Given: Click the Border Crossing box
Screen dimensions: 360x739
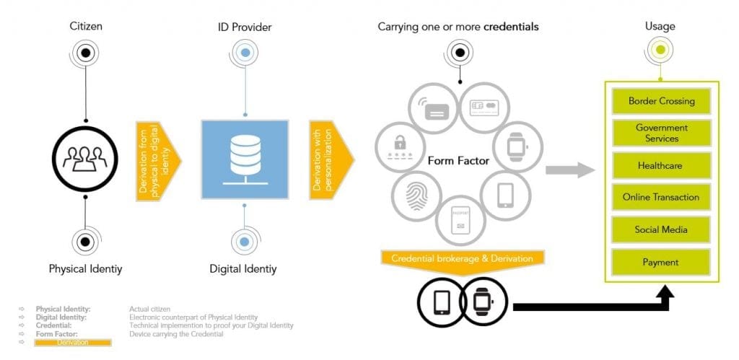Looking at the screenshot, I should [661, 101].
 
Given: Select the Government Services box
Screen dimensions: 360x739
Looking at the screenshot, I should [661, 133].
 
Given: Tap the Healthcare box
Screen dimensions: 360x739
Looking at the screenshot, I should [661, 165].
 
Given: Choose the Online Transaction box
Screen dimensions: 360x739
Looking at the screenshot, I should [661, 197].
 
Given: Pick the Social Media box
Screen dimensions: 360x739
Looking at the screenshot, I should [661, 229].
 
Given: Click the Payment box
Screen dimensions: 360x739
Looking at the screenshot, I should [661, 261].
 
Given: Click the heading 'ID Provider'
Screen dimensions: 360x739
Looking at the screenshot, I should [245, 27].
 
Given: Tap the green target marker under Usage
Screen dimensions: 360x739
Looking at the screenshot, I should [660, 51].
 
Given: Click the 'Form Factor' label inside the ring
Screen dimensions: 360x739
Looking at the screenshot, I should [458, 161].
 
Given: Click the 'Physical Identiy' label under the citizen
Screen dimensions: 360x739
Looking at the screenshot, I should [85, 269].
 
